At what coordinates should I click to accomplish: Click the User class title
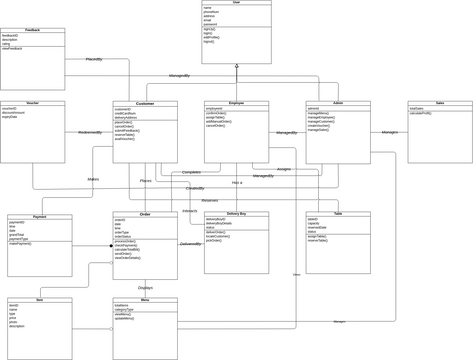(x=236, y=3)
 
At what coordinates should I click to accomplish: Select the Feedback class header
(x=33, y=31)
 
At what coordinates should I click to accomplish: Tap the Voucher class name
(x=33, y=103)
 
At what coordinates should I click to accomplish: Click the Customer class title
(x=145, y=103)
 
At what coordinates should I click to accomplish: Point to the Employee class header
(x=236, y=103)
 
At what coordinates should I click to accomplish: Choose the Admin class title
(x=337, y=103)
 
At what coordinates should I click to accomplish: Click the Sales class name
(x=440, y=103)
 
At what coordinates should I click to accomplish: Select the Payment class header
(x=40, y=216)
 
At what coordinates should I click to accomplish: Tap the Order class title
(x=145, y=214)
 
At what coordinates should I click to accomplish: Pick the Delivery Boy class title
(x=236, y=214)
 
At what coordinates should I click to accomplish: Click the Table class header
(x=337, y=214)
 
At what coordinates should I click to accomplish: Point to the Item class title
(x=40, y=299)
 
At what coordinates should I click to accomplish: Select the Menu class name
(x=145, y=299)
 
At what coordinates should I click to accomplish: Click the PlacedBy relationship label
(x=94, y=59)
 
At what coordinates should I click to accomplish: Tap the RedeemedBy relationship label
(x=89, y=132)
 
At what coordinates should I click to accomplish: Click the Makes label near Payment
(x=94, y=179)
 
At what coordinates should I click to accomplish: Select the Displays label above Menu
(x=145, y=288)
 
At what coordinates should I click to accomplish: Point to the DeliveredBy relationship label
(x=191, y=243)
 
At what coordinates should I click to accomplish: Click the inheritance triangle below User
(x=236, y=67)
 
